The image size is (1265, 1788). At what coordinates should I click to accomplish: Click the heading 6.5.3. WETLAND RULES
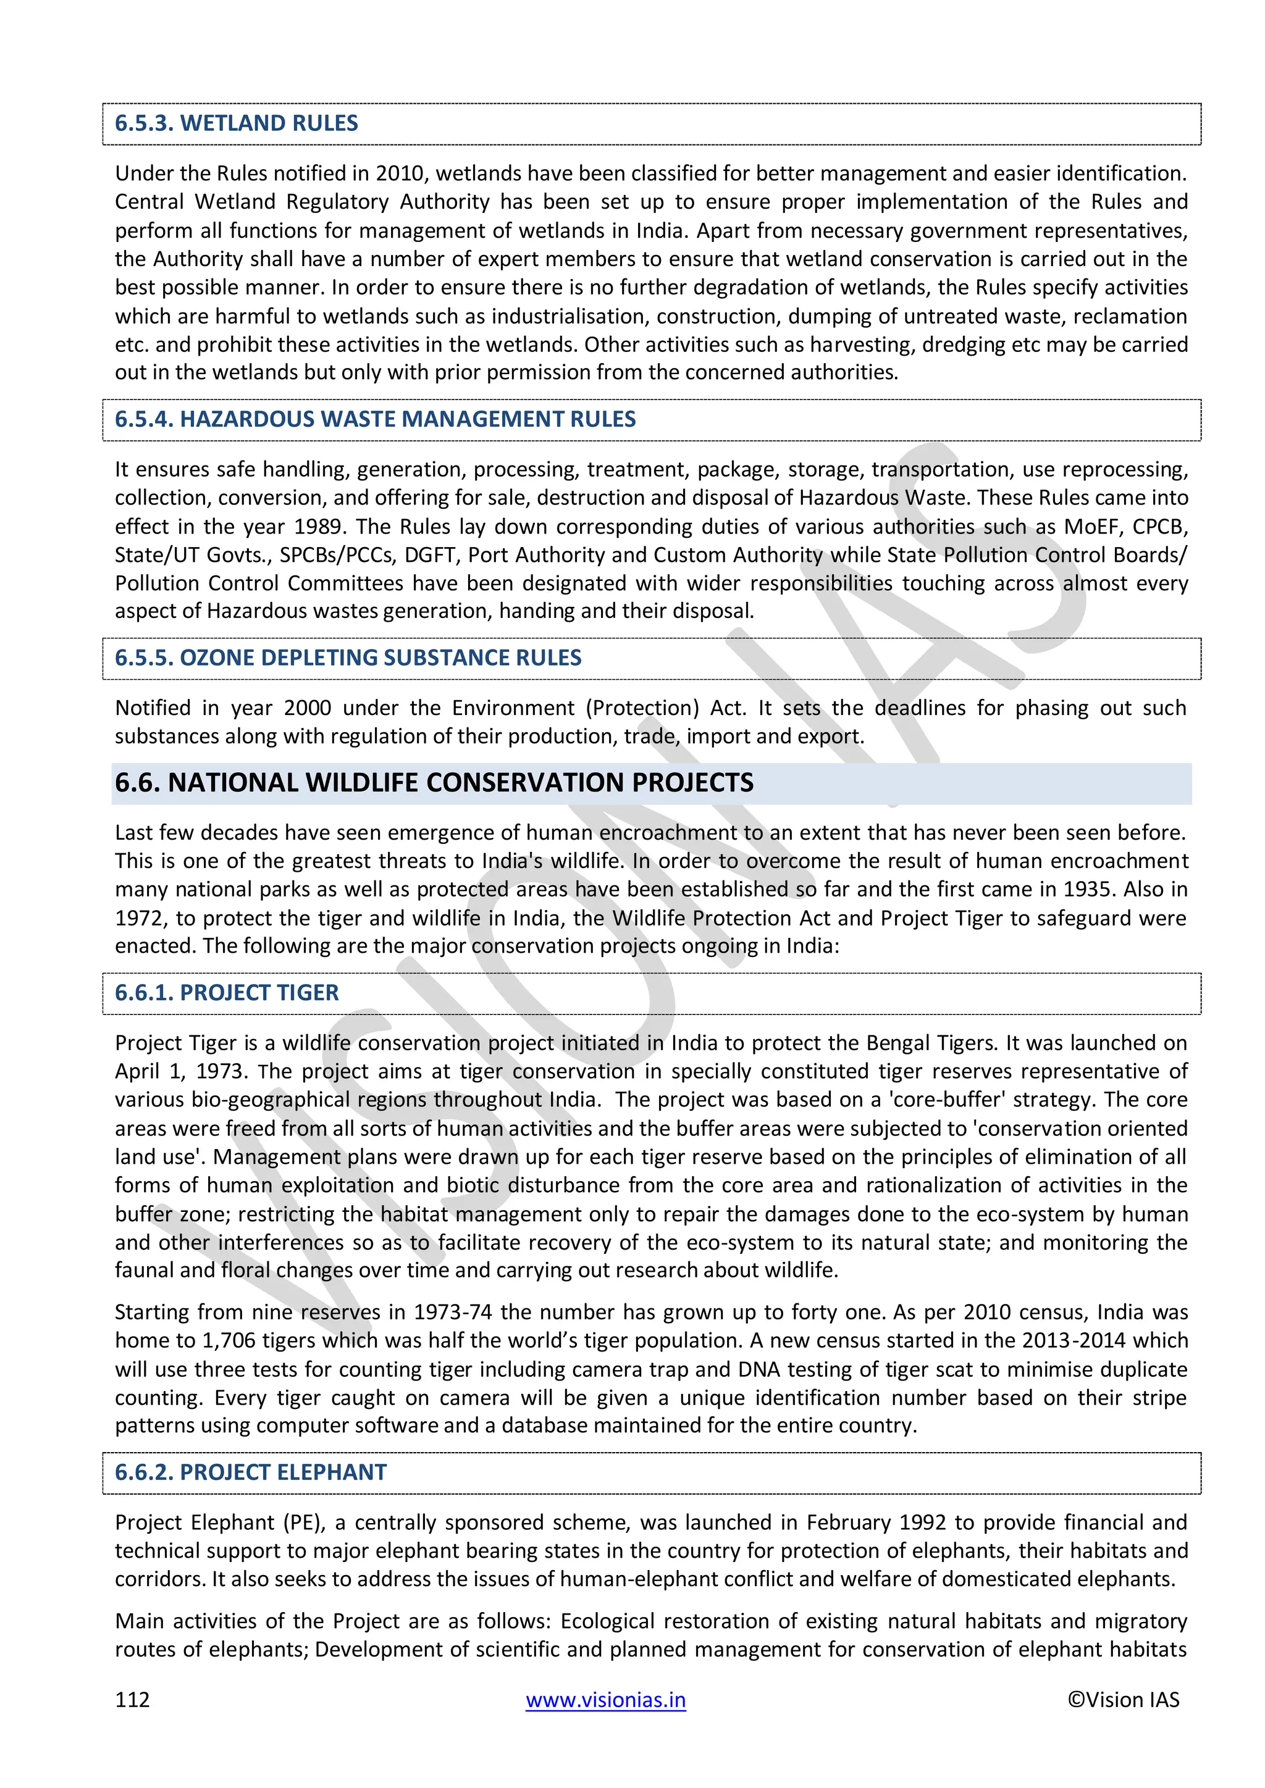click(236, 123)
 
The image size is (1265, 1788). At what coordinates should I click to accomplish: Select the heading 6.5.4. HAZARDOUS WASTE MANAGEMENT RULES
click(375, 419)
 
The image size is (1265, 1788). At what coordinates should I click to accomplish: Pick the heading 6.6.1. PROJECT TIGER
click(227, 992)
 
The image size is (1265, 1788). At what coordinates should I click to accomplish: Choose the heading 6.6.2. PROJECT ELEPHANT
click(250, 1472)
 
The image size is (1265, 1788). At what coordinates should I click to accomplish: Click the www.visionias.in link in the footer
click(605, 1699)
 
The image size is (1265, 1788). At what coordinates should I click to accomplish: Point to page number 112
click(132, 1699)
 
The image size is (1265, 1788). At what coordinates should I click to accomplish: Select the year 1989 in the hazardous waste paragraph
click(318, 527)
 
